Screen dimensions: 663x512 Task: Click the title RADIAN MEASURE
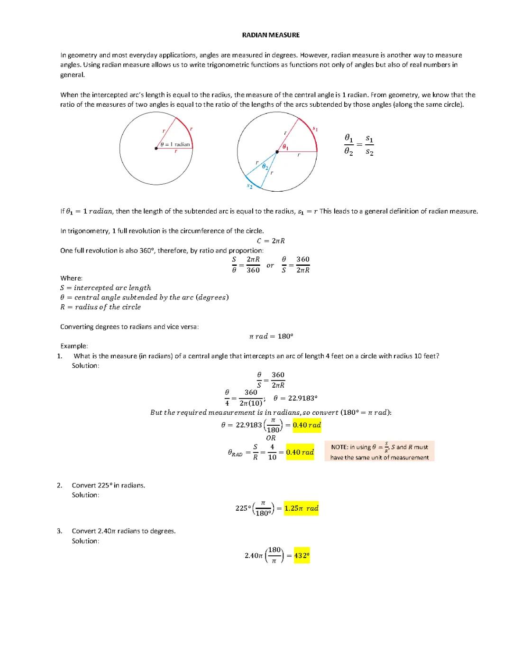tap(271, 35)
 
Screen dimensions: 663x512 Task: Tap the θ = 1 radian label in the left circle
tap(175, 144)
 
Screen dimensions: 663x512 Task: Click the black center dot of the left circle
tap(156, 149)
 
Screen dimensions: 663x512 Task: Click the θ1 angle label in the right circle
tap(285, 147)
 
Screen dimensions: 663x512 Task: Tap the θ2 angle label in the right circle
tap(266, 167)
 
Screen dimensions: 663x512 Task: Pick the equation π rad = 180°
tap(271, 336)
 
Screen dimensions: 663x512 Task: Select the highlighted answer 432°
tap(302, 555)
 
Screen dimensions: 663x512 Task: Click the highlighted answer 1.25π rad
tap(301, 508)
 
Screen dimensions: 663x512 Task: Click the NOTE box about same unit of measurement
tap(379, 452)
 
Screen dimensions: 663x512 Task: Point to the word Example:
tap(74, 346)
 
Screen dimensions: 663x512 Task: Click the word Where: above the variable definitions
tap(71, 278)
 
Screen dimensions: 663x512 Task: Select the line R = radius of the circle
tap(101, 307)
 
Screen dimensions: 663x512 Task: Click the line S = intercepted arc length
tap(105, 288)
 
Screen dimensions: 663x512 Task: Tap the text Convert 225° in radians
tap(109, 485)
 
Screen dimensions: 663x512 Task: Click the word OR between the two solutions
tap(271, 438)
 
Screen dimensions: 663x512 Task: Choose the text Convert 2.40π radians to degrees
tap(124, 531)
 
